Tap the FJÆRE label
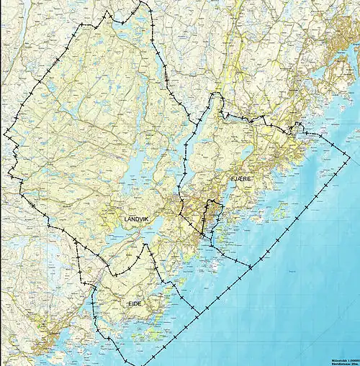(241, 178)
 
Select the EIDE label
(135, 304)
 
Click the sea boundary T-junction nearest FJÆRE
(250, 267)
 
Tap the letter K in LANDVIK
(155, 219)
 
